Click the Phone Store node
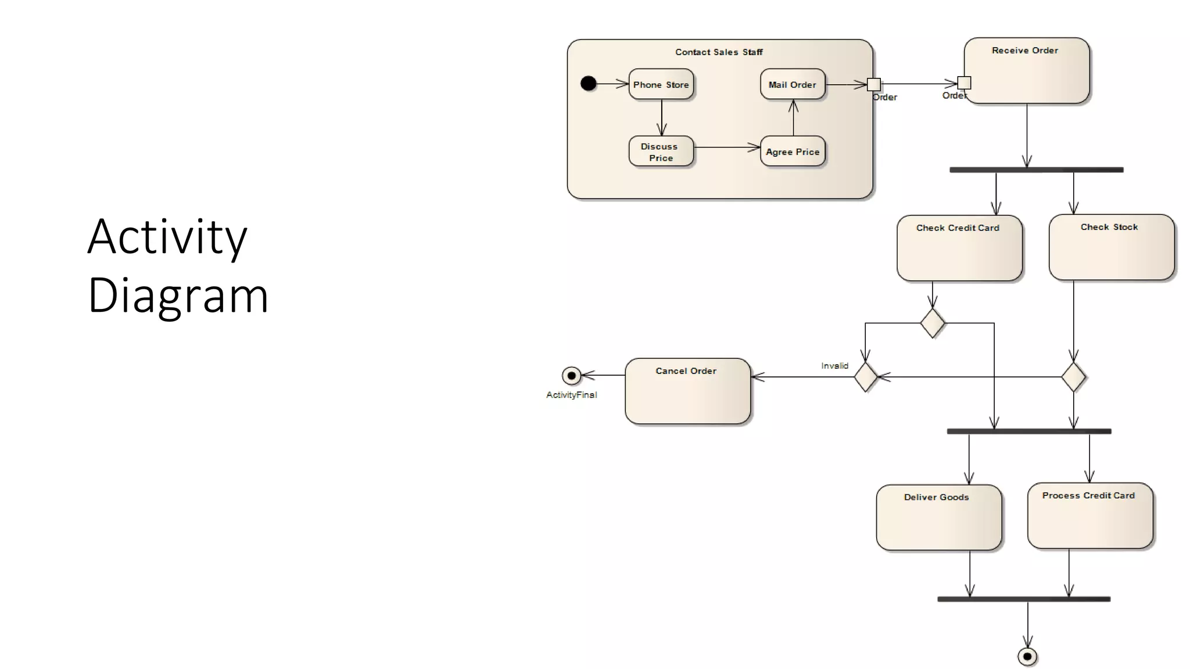tap(661, 85)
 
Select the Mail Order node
tap(793, 85)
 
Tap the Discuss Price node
tap(661, 152)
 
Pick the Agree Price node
tap(793, 152)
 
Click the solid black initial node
tap(588, 84)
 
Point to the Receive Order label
tap(1024, 51)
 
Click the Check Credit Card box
tap(959, 249)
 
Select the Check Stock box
tap(1111, 248)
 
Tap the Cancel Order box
tap(687, 391)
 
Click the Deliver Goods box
tap(938, 517)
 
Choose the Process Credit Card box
tap(1089, 516)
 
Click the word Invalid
tap(834, 366)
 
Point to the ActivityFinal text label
tap(571, 395)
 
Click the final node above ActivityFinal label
tap(571, 376)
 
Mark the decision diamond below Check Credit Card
tap(933, 323)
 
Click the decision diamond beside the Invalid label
tap(865, 377)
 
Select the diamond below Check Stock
tap(1073, 377)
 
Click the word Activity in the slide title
tap(167, 236)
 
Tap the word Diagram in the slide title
tap(178, 295)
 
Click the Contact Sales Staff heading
tap(719, 52)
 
